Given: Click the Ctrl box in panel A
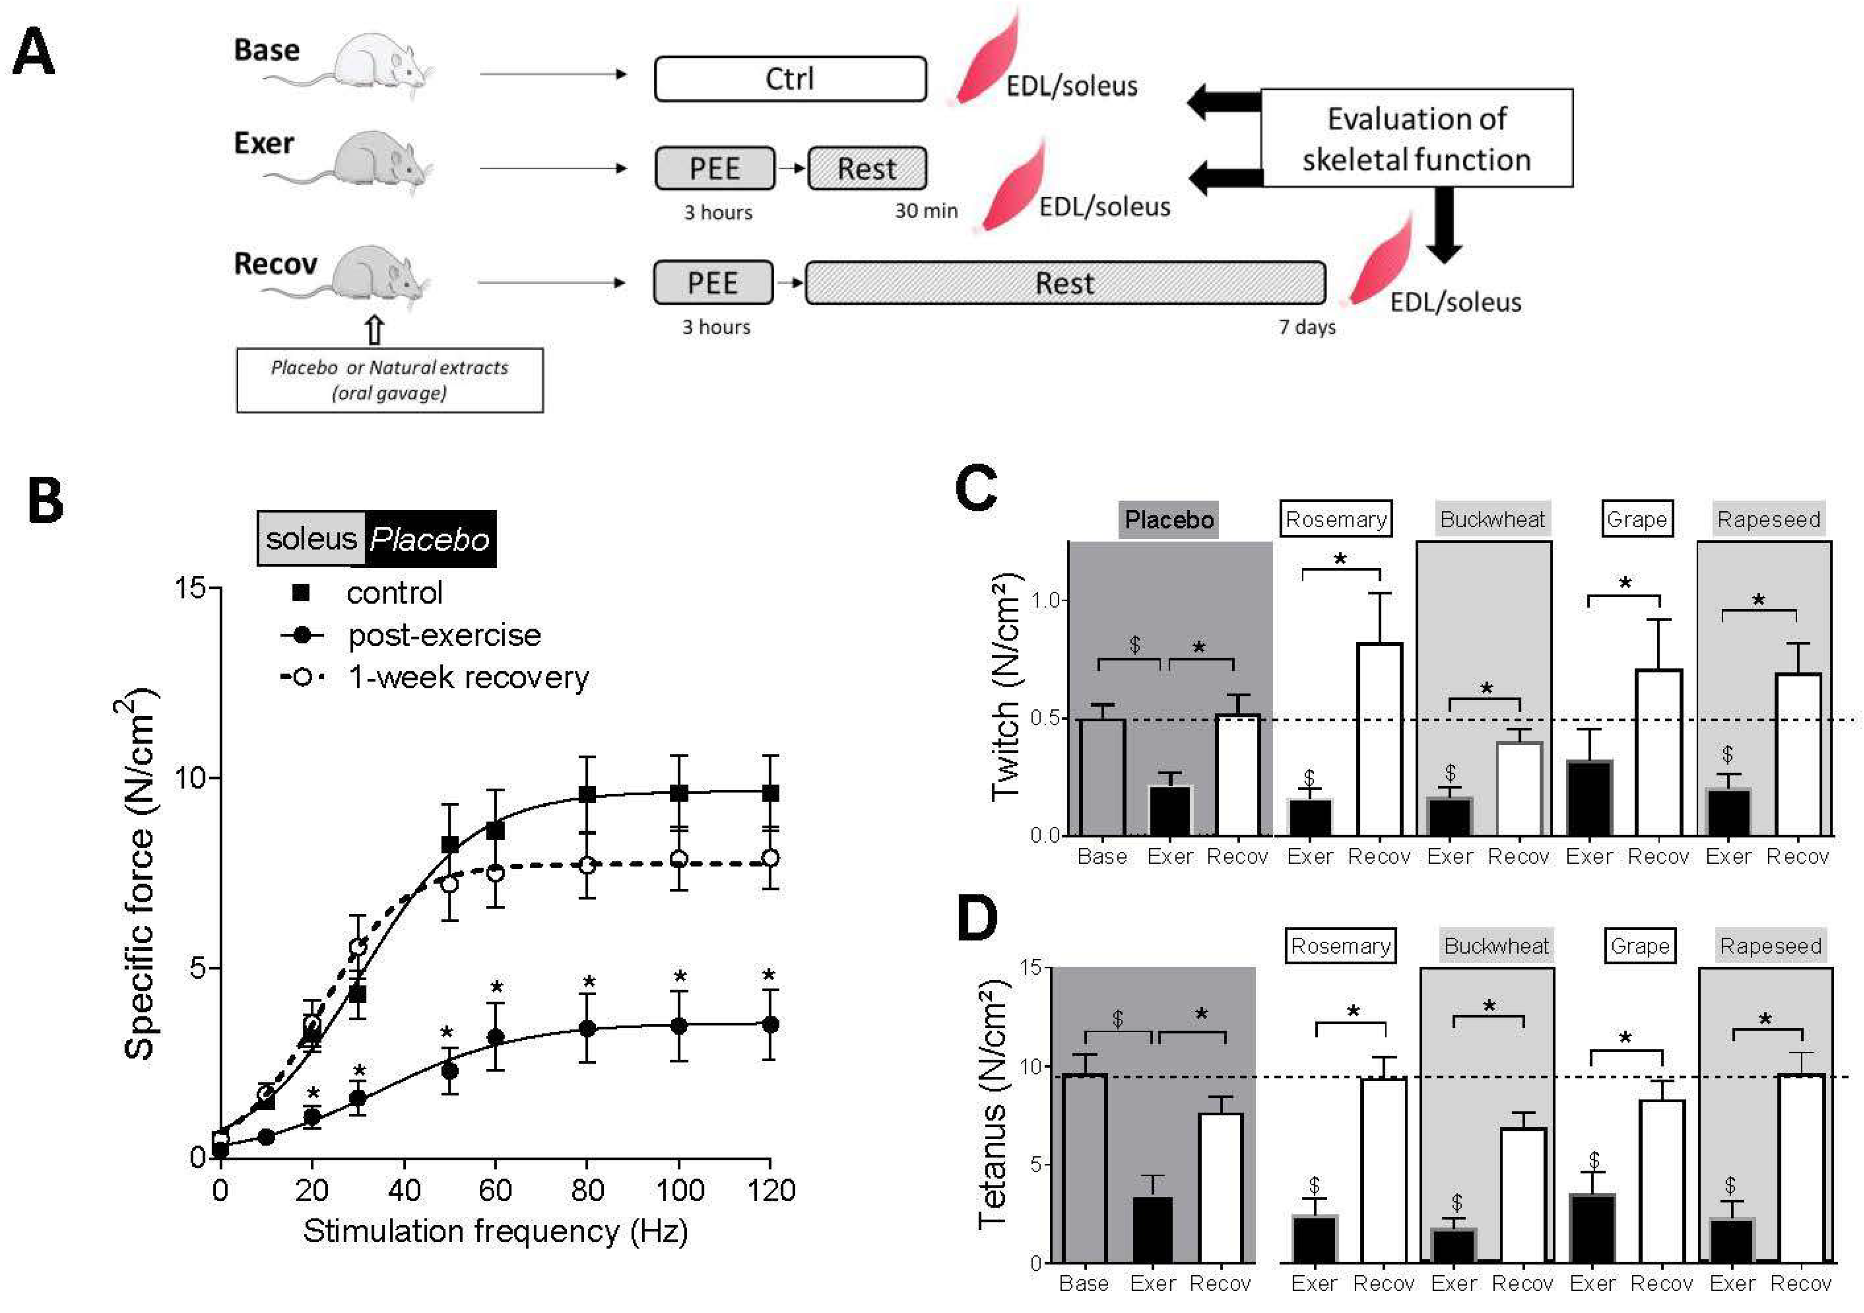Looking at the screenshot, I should (790, 79).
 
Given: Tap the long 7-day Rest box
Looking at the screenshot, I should (1064, 283).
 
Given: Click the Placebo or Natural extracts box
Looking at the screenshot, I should (389, 380).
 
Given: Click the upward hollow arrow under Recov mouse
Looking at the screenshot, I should (374, 330).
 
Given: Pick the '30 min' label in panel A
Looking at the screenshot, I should (925, 211).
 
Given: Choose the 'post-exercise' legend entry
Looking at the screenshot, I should (443, 635).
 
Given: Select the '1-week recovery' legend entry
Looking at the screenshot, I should (468, 677).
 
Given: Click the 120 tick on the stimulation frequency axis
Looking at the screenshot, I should (771, 1190).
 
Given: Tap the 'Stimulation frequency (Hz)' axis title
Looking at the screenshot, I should (495, 1231).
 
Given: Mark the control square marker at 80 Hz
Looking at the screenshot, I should (587, 794).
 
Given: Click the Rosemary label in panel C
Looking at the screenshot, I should (1336, 520).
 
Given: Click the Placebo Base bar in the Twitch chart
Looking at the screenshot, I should (1101, 777).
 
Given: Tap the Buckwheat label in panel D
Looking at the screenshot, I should (1496, 946).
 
